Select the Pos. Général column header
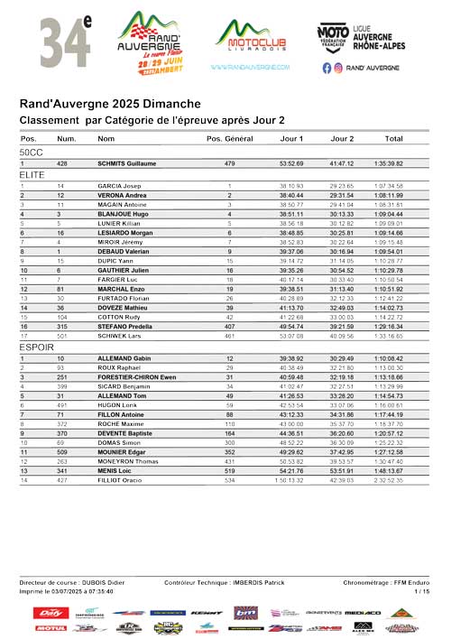tap(229, 138)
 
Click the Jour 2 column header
tap(342, 138)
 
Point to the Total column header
tap(393, 138)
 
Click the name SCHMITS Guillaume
tap(127, 163)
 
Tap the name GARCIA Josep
tap(116, 185)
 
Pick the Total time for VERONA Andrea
tap(393, 195)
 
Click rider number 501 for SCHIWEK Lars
tap(60, 361)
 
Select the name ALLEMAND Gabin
tap(124, 384)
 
